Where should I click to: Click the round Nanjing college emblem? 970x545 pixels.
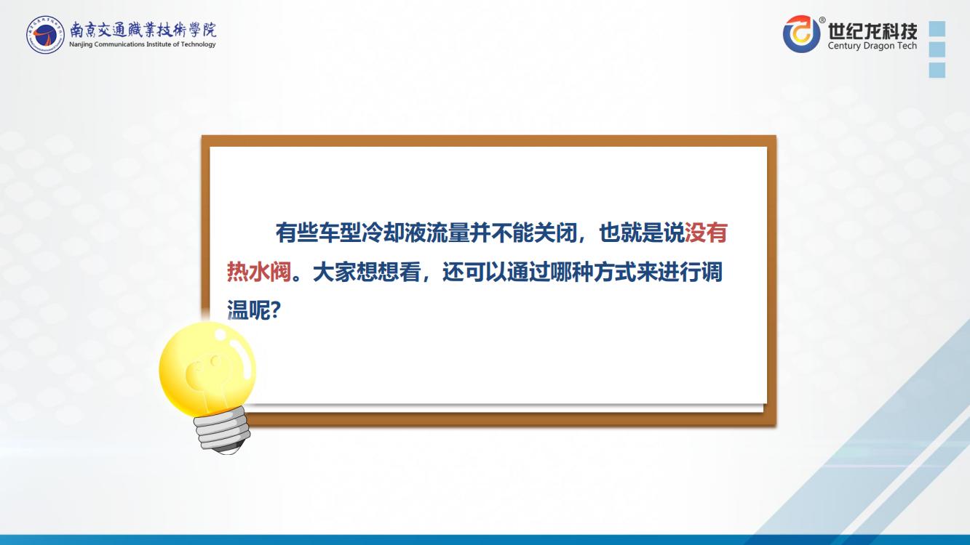pyautogui.click(x=45, y=35)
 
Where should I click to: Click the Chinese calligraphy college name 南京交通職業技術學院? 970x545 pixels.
pyautogui.click(x=143, y=30)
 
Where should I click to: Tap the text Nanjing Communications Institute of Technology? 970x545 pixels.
pyautogui.click(x=143, y=44)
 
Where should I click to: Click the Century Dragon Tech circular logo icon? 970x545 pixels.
pyautogui.click(x=802, y=34)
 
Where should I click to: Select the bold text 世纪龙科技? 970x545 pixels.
pyautogui.click(x=872, y=31)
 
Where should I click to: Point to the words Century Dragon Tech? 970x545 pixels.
pyautogui.click(x=872, y=46)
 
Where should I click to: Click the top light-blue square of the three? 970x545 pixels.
pyautogui.click(x=937, y=28)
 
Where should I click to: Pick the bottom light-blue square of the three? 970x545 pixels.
pyautogui.click(x=937, y=70)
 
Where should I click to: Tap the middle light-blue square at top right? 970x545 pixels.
pyautogui.click(x=937, y=49)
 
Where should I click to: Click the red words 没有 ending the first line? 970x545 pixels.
pyautogui.click(x=706, y=233)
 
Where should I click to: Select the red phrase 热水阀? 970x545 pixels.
pyautogui.click(x=259, y=272)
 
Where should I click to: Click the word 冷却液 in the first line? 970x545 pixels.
pyautogui.click(x=394, y=233)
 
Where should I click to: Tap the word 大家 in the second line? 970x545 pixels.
pyautogui.click(x=334, y=272)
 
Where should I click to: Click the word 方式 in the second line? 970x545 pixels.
pyautogui.click(x=614, y=272)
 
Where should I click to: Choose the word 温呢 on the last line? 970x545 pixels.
pyautogui.click(x=249, y=310)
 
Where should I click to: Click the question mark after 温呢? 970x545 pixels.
pyautogui.click(x=276, y=310)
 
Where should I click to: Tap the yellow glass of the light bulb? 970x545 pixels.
pyautogui.click(x=207, y=368)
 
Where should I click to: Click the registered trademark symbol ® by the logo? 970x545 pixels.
pyautogui.click(x=822, y=20)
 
